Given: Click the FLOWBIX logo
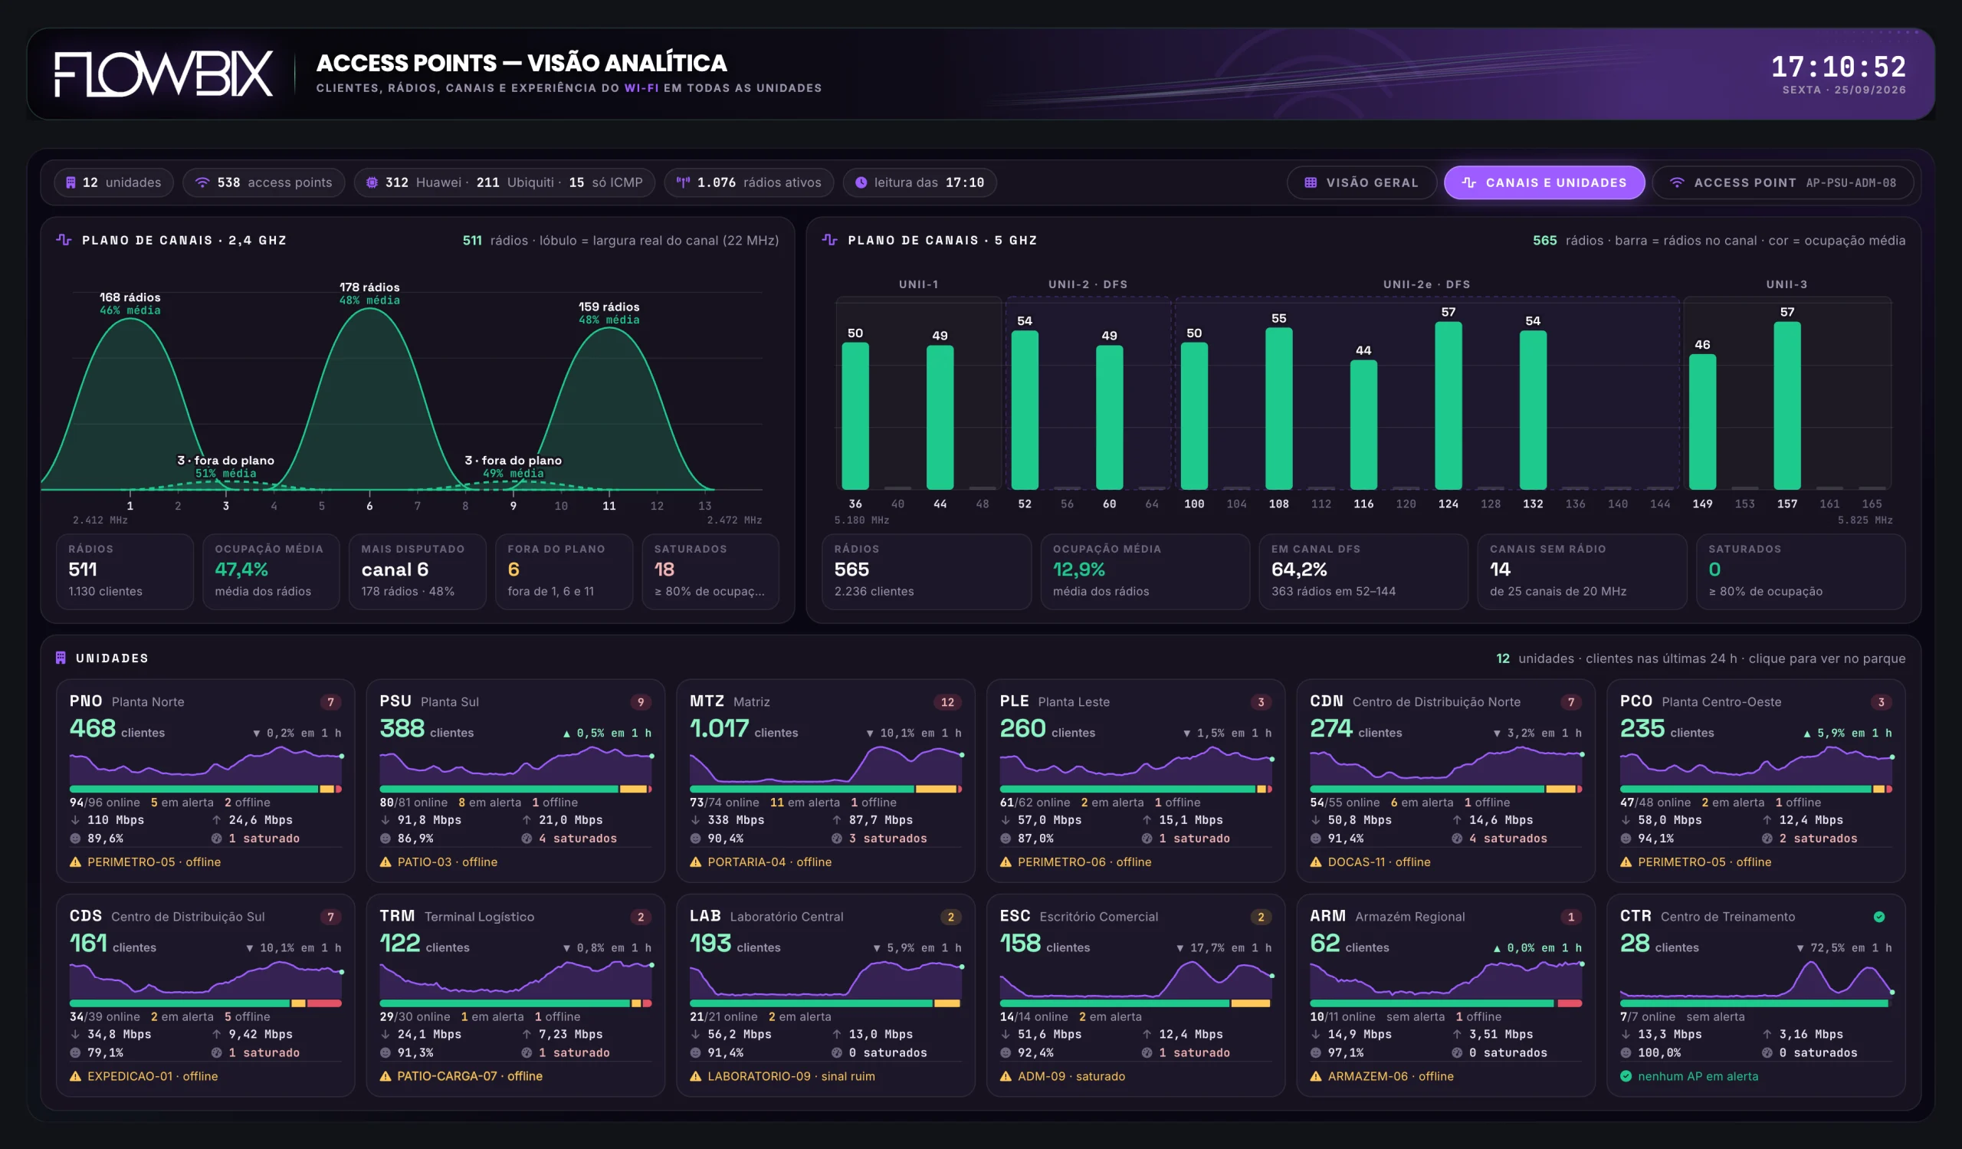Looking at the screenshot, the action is click(x=163, y=74).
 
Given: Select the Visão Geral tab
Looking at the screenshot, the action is click(x=1361, y=182).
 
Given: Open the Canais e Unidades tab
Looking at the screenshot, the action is click(x=1544, y=182).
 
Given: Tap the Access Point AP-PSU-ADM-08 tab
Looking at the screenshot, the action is click(x=1783, y=182).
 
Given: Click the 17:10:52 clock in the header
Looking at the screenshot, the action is click(x=1838, y=67).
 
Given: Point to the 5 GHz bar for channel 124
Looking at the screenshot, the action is click(x=1449, y=405).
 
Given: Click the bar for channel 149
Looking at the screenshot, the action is click(x=1702, y=422).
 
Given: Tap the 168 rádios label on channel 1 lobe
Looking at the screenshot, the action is click(x=130, y=297).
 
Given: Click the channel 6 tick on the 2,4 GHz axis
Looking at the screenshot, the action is click(x=369, y=505).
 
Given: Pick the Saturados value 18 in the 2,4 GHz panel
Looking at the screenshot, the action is click(x=664, y=569).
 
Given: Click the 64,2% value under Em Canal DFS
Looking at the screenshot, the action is click(x=1298, y=569).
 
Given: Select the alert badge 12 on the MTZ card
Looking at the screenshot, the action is click(x=947, y=701).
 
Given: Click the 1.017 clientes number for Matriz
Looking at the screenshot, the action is click(x=720, y=728).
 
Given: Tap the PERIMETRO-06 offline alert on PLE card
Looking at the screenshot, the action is click(x=1084, y=862).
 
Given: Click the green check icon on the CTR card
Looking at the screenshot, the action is click(x=1878, y=916).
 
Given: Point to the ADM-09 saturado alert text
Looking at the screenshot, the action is click(x=1071, y=1076).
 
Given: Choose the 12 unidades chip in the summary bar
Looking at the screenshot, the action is click(x=113, y=182).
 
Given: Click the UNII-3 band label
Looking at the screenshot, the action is click(x=1786, y=284).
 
